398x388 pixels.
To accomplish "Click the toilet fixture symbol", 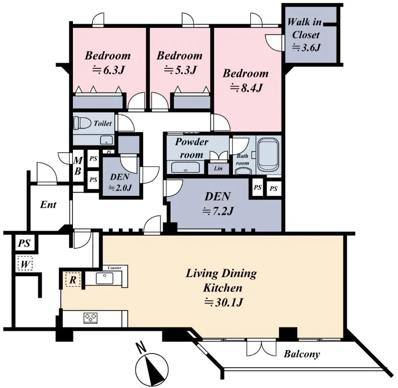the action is [x=82, y=123].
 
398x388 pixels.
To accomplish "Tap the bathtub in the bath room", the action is [x=268, y=154].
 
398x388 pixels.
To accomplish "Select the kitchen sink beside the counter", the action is [x=105, y=278].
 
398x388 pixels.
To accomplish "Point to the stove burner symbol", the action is [x=91, y=318].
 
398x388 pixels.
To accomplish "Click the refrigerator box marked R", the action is [x=73, y=280].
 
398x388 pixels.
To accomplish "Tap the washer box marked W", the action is [x=25, y=263].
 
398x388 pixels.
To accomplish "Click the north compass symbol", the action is [x=151, y=365].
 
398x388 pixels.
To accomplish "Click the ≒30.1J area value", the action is [x=224, y=303].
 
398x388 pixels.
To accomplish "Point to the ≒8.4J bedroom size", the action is [x=246, y=88].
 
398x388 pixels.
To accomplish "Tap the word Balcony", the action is [x=302, y=354].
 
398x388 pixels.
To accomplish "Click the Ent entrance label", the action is [x=48, y=204].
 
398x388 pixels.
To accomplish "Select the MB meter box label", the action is [x=78, y=166].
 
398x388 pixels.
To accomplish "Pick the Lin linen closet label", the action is [x=218, y=168].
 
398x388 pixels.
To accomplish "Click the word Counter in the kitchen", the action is [x=114, y=268].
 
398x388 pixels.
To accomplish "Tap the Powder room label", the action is [x=191, y=148].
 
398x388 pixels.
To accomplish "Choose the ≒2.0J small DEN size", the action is [x=120, y=188].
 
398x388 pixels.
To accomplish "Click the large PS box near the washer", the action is [x=24, y=243].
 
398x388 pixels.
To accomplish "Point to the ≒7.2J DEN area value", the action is [x=218, y=211].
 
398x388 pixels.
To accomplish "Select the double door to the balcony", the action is [x=261, y=348].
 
